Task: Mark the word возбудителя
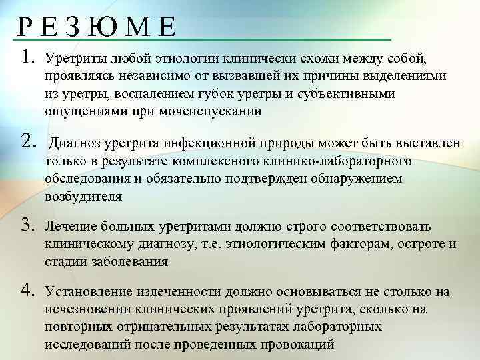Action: (x=83, y=196)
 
